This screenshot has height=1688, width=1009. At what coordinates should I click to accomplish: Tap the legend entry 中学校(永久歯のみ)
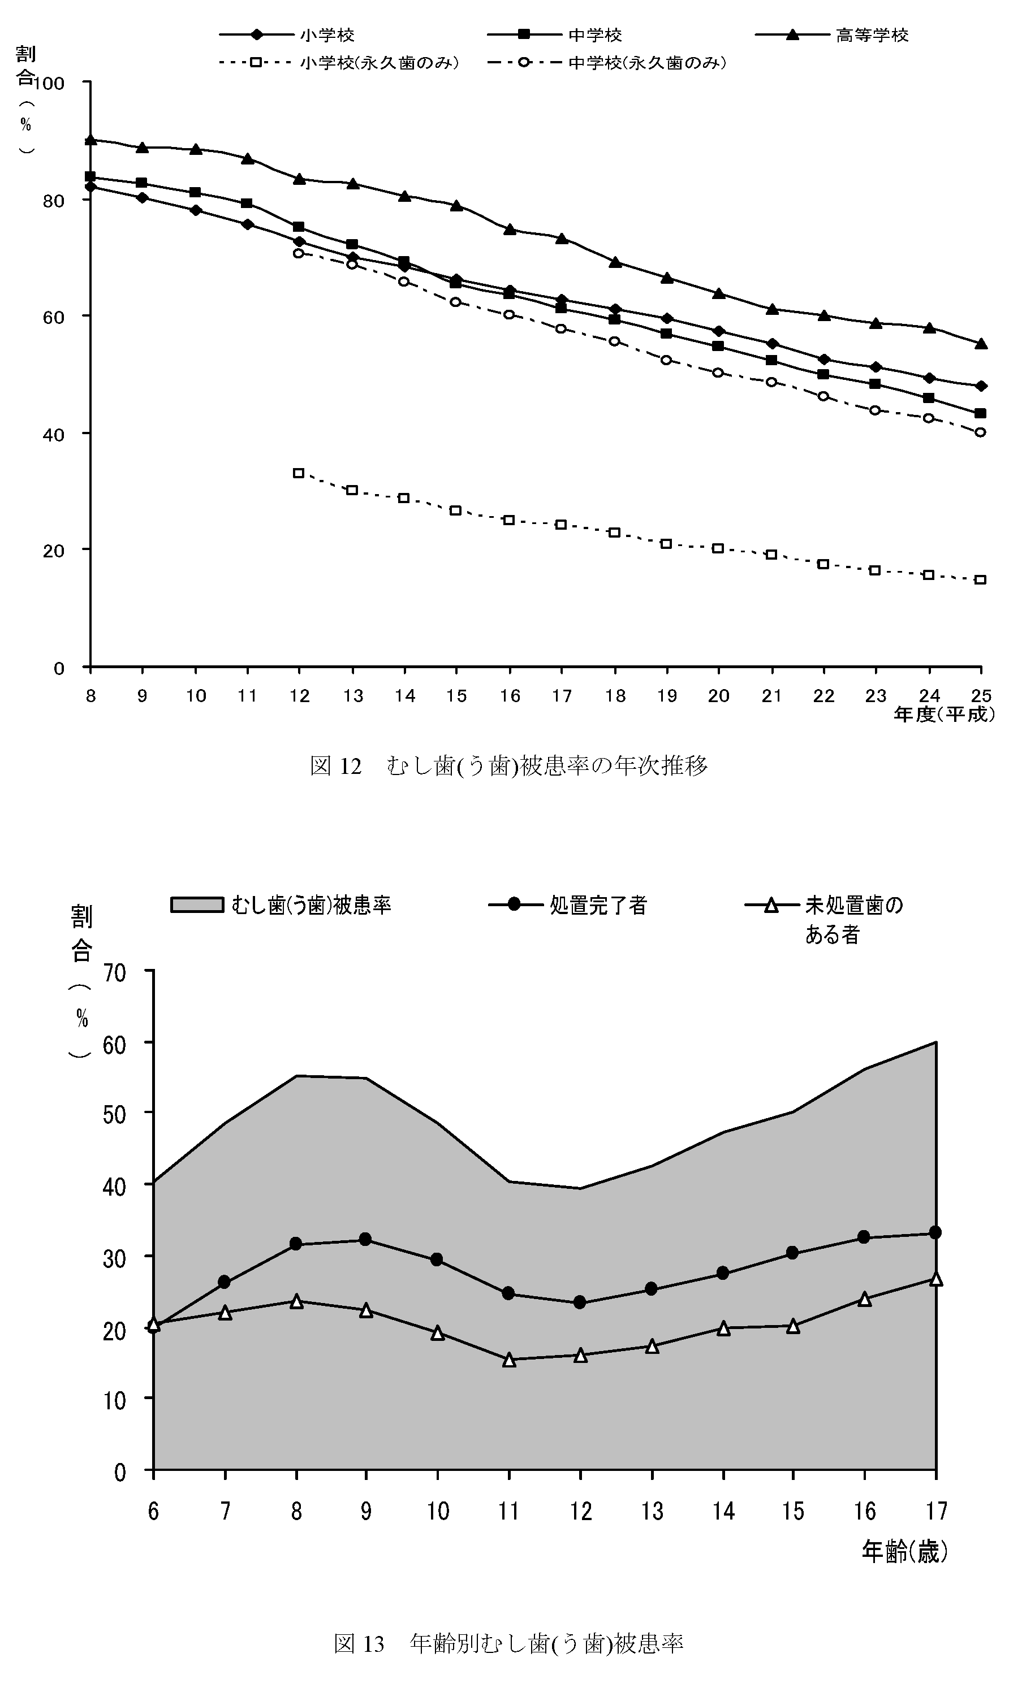(x=646, y=63)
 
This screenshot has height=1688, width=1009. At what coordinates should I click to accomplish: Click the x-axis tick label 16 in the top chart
(x=509, y=695)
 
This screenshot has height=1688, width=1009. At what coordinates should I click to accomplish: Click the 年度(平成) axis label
(x=945, y=714)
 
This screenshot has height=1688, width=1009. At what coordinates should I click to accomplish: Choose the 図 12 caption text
(x=508, y=766)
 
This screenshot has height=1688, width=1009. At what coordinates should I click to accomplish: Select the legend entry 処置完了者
(x=598, y=905)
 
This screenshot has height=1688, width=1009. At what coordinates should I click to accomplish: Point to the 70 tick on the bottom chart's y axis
(x=115, y=972)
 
